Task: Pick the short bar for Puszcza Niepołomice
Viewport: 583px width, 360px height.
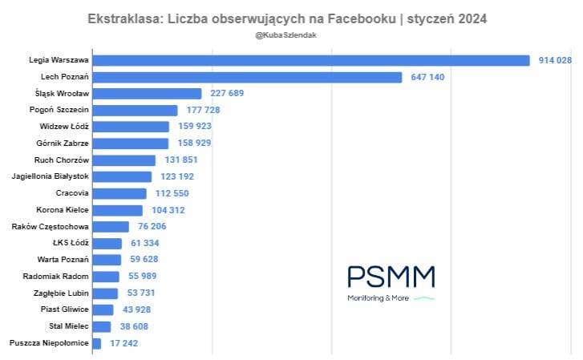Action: click(97, 343)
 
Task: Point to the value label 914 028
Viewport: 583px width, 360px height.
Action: click(555, 60)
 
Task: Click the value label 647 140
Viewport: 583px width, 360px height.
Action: click(427, 77)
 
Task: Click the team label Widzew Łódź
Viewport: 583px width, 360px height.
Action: click(64, 127)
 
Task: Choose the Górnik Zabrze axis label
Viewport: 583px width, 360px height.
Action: click(63, 144)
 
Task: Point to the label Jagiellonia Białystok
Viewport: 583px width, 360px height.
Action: click(51, 176)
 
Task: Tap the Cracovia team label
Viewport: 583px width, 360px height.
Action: click(72, 193)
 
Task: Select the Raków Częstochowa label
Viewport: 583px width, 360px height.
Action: click(51, 227)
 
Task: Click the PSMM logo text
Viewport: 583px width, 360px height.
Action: click(391, 277)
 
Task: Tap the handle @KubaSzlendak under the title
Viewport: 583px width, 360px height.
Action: click(291, 36)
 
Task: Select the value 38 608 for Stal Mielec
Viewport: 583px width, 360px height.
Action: click(135, 326)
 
